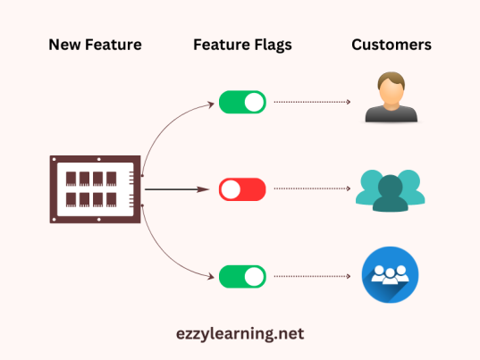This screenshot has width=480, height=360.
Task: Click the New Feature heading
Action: pyautogui.click(x=94, y=45)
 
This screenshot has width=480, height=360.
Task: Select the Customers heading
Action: pyautogui.click(x=391, y=45)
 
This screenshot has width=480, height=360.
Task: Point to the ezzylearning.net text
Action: pyautogui.click(x=240, y=333)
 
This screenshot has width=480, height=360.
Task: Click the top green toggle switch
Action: pyautogui.click(x=242, y=102)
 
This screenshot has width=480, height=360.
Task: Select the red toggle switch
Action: pyautogui.click(x=242, y=189)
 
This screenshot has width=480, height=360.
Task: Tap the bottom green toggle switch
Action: pyautogui.click(x=242, y=276)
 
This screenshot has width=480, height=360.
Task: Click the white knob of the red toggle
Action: pyautogui.click(x=231, y=189)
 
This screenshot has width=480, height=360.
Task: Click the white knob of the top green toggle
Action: pyautogui.click(x=254, y=102)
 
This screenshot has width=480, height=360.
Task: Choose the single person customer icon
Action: pyautogui.click(x=391, y=99)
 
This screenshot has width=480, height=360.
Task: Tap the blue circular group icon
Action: pyautogui.click(x=391, y=276)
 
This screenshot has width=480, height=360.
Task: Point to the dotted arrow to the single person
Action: pyautogui.click(x=312, y=102)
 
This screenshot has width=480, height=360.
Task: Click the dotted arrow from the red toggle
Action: pyautogui.click(x=312, y=189)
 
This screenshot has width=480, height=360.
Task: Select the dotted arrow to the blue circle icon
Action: pyautogui.click(x=312, y=276)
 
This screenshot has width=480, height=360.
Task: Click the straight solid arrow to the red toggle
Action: pyautogui.click(x=179, y=189)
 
